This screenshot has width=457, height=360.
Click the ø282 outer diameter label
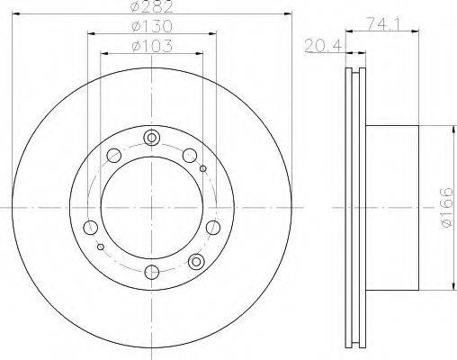point(152,6)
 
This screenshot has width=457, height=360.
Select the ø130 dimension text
point(152,26)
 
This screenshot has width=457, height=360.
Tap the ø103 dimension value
point(152,46)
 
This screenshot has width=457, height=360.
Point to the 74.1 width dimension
point(383,23)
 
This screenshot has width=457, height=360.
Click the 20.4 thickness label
point(323,46)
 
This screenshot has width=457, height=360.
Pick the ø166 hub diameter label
point(447,207)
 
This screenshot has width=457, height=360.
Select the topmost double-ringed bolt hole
point(152,138)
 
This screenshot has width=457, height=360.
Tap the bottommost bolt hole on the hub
point(152,272)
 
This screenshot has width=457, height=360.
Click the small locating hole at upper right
point(203,168)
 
